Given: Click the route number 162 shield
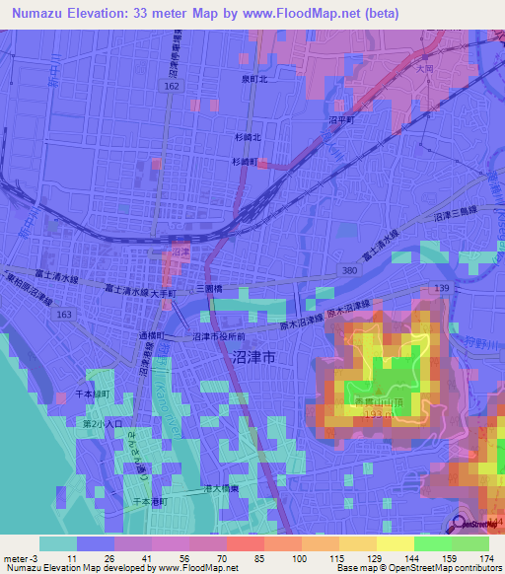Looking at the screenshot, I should click(173, 88).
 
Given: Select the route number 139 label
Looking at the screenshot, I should click(440, 287).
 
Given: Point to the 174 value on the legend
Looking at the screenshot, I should click(484, 557).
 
